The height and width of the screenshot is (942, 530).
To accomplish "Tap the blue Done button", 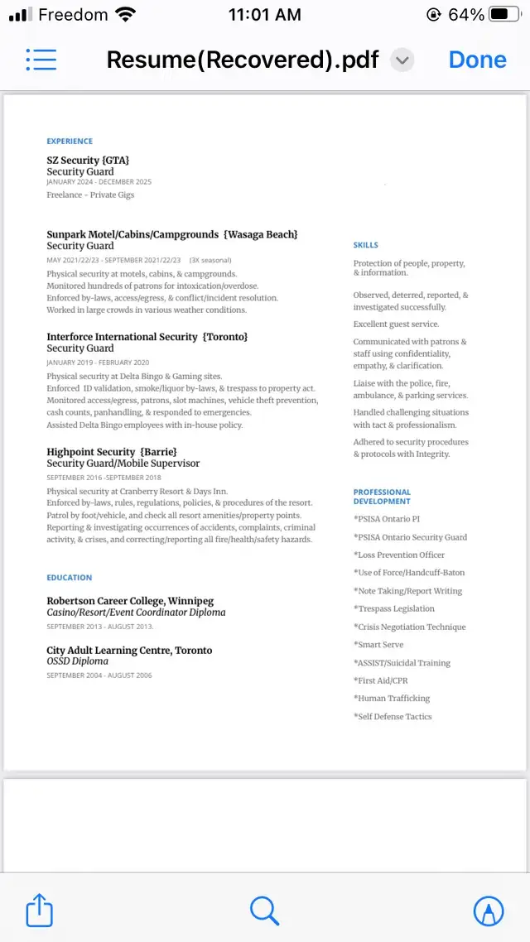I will coord(477,60).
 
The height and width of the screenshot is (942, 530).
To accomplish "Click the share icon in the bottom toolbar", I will coord(40,911).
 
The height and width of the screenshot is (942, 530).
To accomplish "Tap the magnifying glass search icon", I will coord(264,911).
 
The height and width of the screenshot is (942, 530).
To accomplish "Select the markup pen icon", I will coord(488,911).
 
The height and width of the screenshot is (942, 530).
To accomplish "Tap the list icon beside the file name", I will coord(41,60).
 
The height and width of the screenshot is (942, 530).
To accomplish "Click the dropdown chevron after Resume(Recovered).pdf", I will coord(402,60).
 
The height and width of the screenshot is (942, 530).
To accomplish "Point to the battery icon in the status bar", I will coord(504,15).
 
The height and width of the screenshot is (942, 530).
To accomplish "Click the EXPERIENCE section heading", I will coord(70,142).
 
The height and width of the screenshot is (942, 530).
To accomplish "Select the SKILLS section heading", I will coord(365,245).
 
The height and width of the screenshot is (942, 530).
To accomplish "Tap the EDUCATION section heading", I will coord(70,578).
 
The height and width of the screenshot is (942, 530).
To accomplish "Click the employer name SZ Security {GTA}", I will coord(88,160).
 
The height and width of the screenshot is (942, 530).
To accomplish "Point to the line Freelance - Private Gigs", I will coord(90,195).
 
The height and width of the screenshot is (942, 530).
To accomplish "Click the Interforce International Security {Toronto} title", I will coord(147,337).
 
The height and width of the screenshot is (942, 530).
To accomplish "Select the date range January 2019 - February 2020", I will coord(98,363).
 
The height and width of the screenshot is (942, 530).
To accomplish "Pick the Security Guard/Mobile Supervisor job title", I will coord(123,464).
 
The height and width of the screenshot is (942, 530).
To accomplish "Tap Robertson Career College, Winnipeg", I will coord(130,601).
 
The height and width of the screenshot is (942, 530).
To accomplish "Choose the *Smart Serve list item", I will coord(378,645).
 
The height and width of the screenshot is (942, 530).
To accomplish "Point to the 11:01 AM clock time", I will coord(264,15).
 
